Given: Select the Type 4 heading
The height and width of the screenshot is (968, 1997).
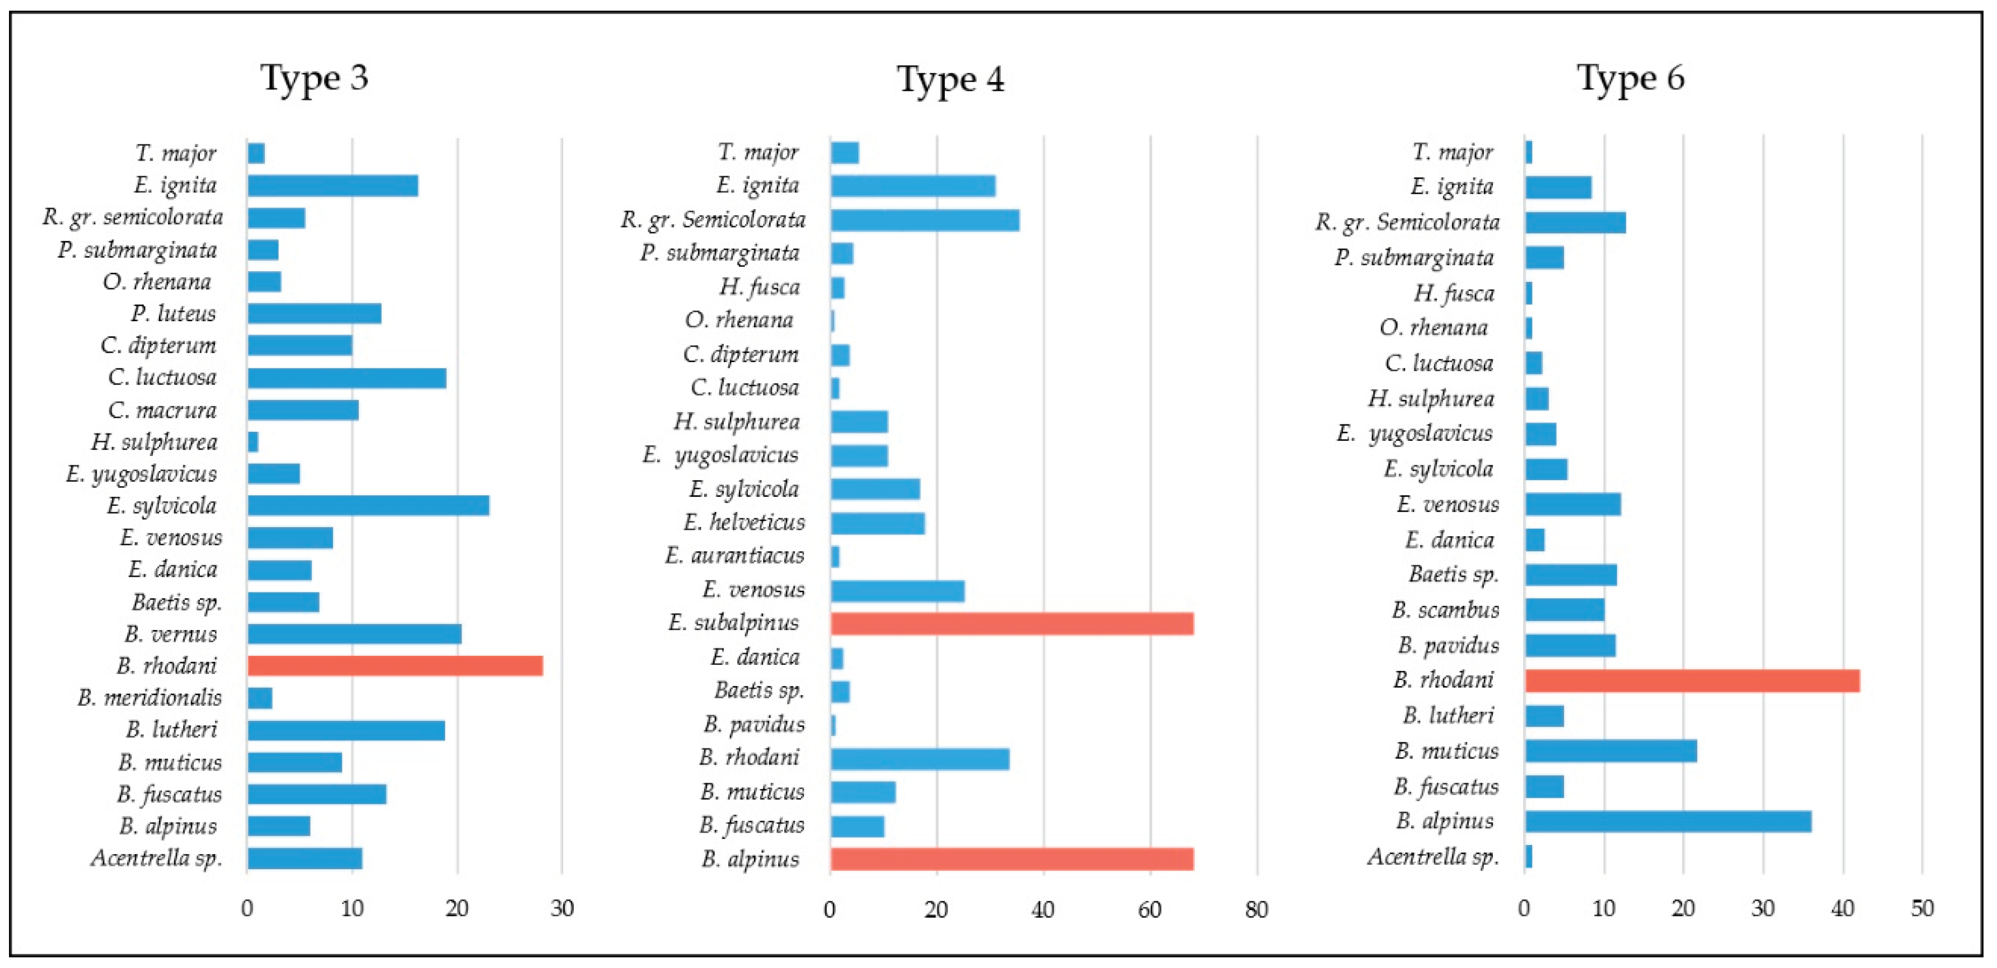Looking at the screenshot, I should (x=950, y=80).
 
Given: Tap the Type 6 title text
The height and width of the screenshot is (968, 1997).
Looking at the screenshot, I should (x=1630, y=78).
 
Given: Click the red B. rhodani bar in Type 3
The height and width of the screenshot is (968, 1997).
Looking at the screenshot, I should (x=395, y=666).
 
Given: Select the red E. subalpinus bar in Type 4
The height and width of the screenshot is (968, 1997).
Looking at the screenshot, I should (x=1011, y=623).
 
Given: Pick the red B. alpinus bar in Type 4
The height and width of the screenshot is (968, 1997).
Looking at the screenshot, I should (x=1011, y=859).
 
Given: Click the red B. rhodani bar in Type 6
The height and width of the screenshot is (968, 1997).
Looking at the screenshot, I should (x=1692, y=681).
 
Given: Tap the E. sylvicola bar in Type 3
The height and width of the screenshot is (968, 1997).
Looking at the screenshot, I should (x=368, y=505).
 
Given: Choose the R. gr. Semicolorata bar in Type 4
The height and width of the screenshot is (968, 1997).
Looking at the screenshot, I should (x=924, y=220).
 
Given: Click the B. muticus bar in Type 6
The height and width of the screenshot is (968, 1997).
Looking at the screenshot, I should (x=1610, y=751).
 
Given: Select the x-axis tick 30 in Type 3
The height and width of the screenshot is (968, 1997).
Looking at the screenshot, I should (x=562, y=908).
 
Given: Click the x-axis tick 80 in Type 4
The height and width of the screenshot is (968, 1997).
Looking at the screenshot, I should (x=1256, y=910).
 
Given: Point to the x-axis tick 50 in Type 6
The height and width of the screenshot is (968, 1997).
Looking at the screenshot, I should (x=1922, y=908).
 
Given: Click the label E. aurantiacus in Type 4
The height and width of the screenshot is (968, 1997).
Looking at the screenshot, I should (x=734, y=556).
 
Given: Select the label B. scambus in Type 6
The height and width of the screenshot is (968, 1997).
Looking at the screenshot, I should (x=1445, y=610).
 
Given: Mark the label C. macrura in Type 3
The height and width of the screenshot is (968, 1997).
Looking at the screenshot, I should (x=162, y=410).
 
